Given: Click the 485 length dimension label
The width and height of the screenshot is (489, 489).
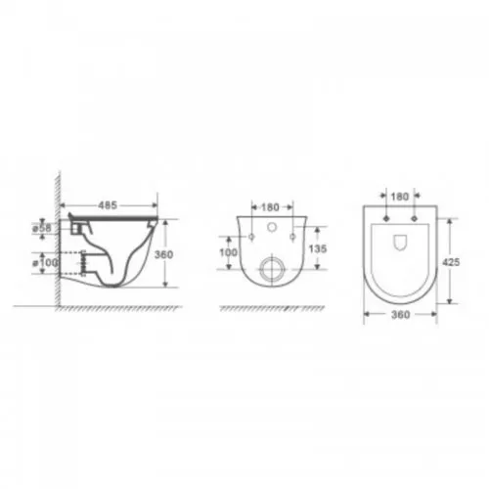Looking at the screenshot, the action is coord(108,205).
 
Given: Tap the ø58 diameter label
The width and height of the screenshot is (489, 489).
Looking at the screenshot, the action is coord(42,228).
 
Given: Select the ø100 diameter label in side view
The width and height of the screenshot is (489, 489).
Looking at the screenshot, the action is coord(45,262).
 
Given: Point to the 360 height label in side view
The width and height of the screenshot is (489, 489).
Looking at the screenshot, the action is coord(163,254).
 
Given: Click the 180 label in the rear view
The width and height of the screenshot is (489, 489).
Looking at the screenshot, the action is coord(270,207).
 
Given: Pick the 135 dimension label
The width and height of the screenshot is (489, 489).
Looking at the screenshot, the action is coord(318,248).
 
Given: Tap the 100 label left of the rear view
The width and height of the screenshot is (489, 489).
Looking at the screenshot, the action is coord(229,252).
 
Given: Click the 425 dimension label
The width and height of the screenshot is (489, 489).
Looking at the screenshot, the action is coord(451,262).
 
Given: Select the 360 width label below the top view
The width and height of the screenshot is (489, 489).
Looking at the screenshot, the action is coord(400,315).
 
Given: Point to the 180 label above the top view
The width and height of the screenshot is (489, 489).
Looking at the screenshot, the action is coord(400,197).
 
